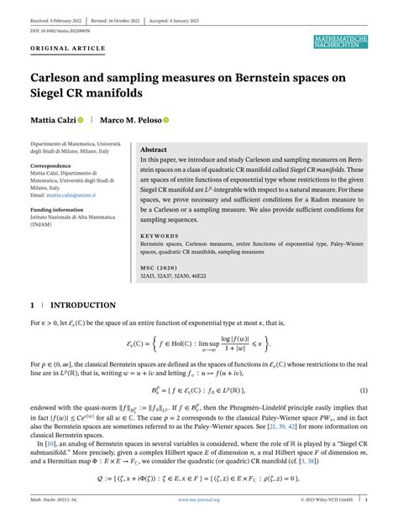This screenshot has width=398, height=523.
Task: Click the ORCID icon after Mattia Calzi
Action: [x=81, y=121]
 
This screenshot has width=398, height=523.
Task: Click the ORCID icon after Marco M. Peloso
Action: [x=166, y=121]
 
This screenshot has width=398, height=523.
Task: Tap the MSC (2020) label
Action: [x=159, y=268]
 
